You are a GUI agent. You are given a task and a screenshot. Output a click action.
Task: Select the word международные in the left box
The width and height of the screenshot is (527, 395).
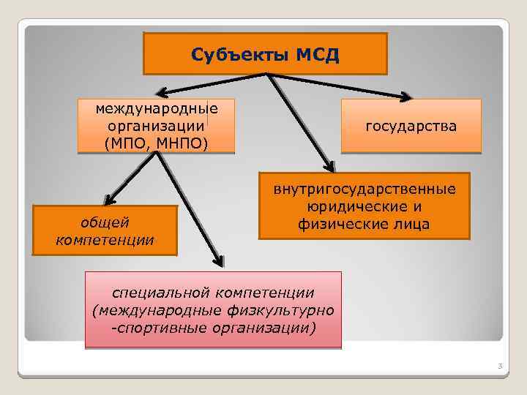point(157,109)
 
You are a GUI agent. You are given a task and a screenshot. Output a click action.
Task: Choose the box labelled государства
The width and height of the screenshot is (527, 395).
point(411,127)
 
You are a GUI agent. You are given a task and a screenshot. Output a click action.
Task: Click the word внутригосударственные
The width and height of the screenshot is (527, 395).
point(364,189)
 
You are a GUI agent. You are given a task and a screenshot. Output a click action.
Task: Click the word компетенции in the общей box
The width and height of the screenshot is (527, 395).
point(105,239)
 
